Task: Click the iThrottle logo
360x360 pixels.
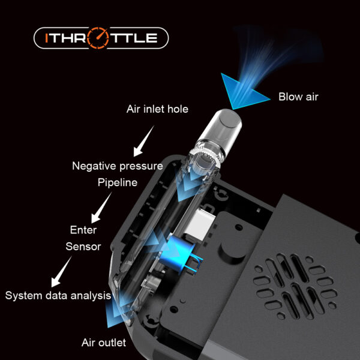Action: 101,38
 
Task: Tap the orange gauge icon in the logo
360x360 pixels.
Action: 98,38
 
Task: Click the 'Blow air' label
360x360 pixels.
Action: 298,97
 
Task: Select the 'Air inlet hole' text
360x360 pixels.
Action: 157,109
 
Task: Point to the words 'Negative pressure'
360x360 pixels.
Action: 118,166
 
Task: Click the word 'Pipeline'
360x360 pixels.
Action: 118,182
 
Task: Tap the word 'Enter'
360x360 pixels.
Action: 83,230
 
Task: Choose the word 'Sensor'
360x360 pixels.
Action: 83,247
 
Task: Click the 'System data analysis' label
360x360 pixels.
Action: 58,295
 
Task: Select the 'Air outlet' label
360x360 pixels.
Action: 104,343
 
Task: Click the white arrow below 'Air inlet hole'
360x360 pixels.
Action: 143,142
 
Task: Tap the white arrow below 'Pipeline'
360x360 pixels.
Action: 101,208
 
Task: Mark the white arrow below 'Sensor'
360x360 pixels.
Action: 61,272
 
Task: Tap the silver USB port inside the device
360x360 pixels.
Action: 200,224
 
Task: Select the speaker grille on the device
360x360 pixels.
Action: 295,286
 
